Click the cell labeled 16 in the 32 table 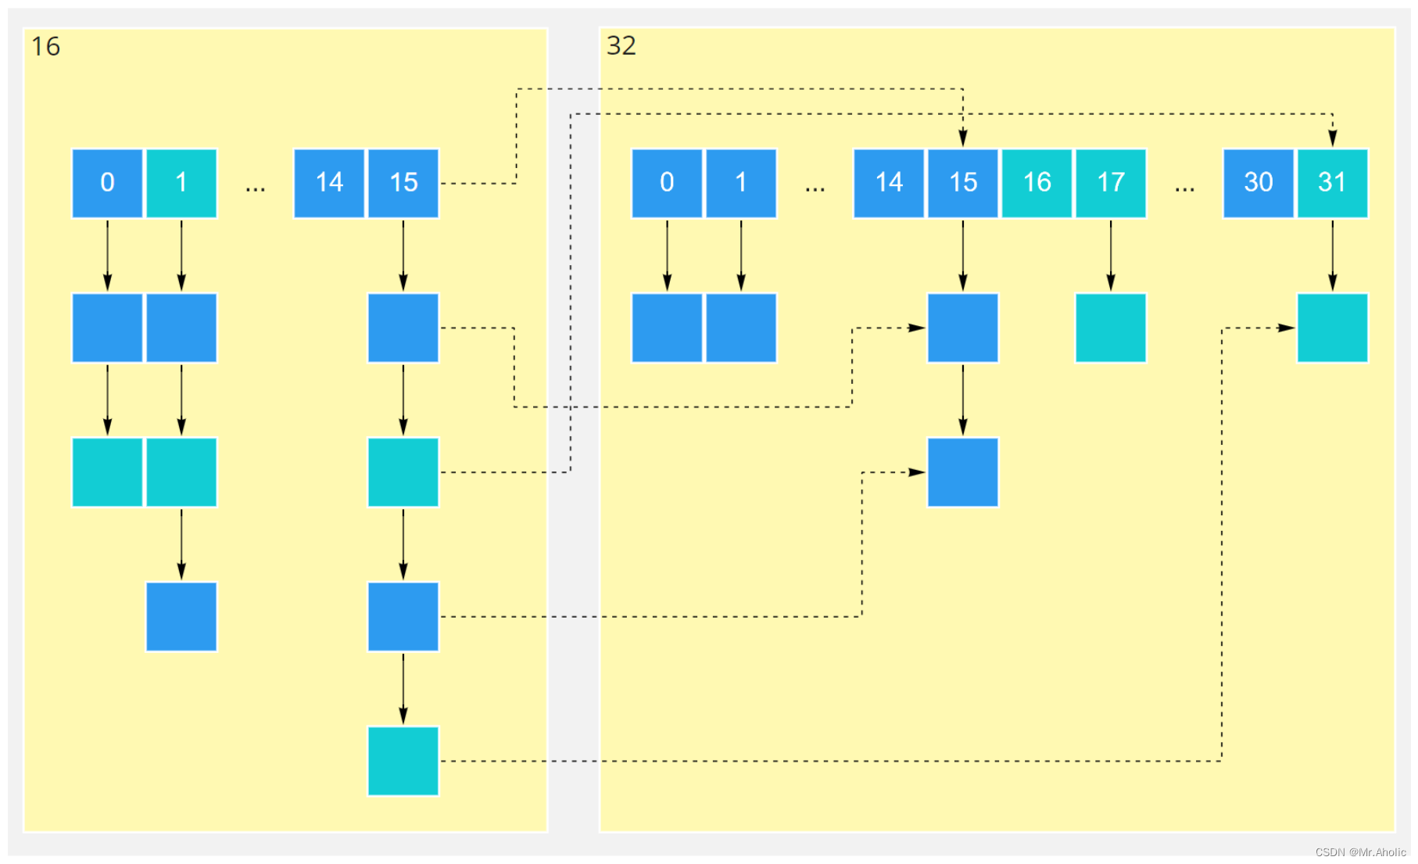pyautogui.click(x=1037, y=183)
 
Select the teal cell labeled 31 pyautogui.click(x=1332, y=183)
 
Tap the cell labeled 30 pyautogui.click(x=1259, y=183)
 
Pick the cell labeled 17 pyautogui.click(x=1111, y=183)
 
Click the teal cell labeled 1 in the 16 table pyautogui.click(x=181, y=183)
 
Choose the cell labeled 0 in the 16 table pyautogui.click(x=107, y=183)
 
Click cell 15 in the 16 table pyautogui.click(x=403, y=183)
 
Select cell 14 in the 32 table pyautogui.click(x=889, y=183)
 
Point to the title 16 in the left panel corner pyautogui.click(x=45, y=47)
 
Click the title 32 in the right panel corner pyautogui.click(x=621, y=46)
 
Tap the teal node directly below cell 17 pyautogui.click(x=1111, y=328)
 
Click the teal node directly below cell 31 pyautogui.click(x=1332, y=328)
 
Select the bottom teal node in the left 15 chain pyautogui.click(x=403, y=761)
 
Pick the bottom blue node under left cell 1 pyautogui.click(x=181, y=616)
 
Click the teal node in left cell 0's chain pyautogui.click(x=107, y=472)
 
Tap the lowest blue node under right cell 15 pyautogui.click(x=963, y=472)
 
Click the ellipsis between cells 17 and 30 pyautogui.click(x=1184, y=189)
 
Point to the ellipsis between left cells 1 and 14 pyautogui.click(x=255, y=189)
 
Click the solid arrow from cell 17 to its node pyautogui.click(x=1111, y=256)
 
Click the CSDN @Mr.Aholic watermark pyautogui.click(x=1360, y=852)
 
